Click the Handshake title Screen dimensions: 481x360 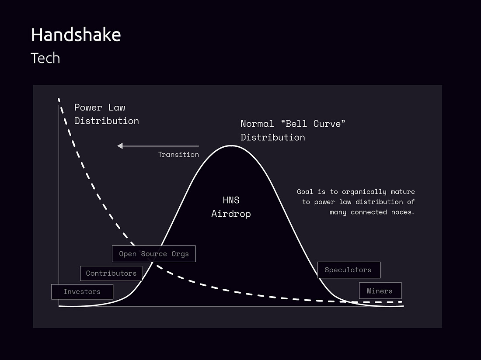76,35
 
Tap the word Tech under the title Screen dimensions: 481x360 45,58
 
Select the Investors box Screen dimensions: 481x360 82,292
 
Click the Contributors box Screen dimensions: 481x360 111,273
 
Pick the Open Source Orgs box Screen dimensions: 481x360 153,254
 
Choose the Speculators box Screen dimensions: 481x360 349,270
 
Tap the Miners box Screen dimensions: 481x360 380,291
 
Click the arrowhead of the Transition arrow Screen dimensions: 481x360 120,146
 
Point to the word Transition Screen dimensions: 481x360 178,154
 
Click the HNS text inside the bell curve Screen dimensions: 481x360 231,200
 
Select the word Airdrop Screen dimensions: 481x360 231,214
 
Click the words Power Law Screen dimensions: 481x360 100,107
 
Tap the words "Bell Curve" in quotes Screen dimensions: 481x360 313,124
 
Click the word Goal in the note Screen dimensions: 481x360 305,192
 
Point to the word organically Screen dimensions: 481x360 364,192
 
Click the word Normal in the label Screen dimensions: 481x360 257,124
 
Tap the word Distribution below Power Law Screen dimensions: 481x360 107,121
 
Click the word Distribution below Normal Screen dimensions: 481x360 273,137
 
